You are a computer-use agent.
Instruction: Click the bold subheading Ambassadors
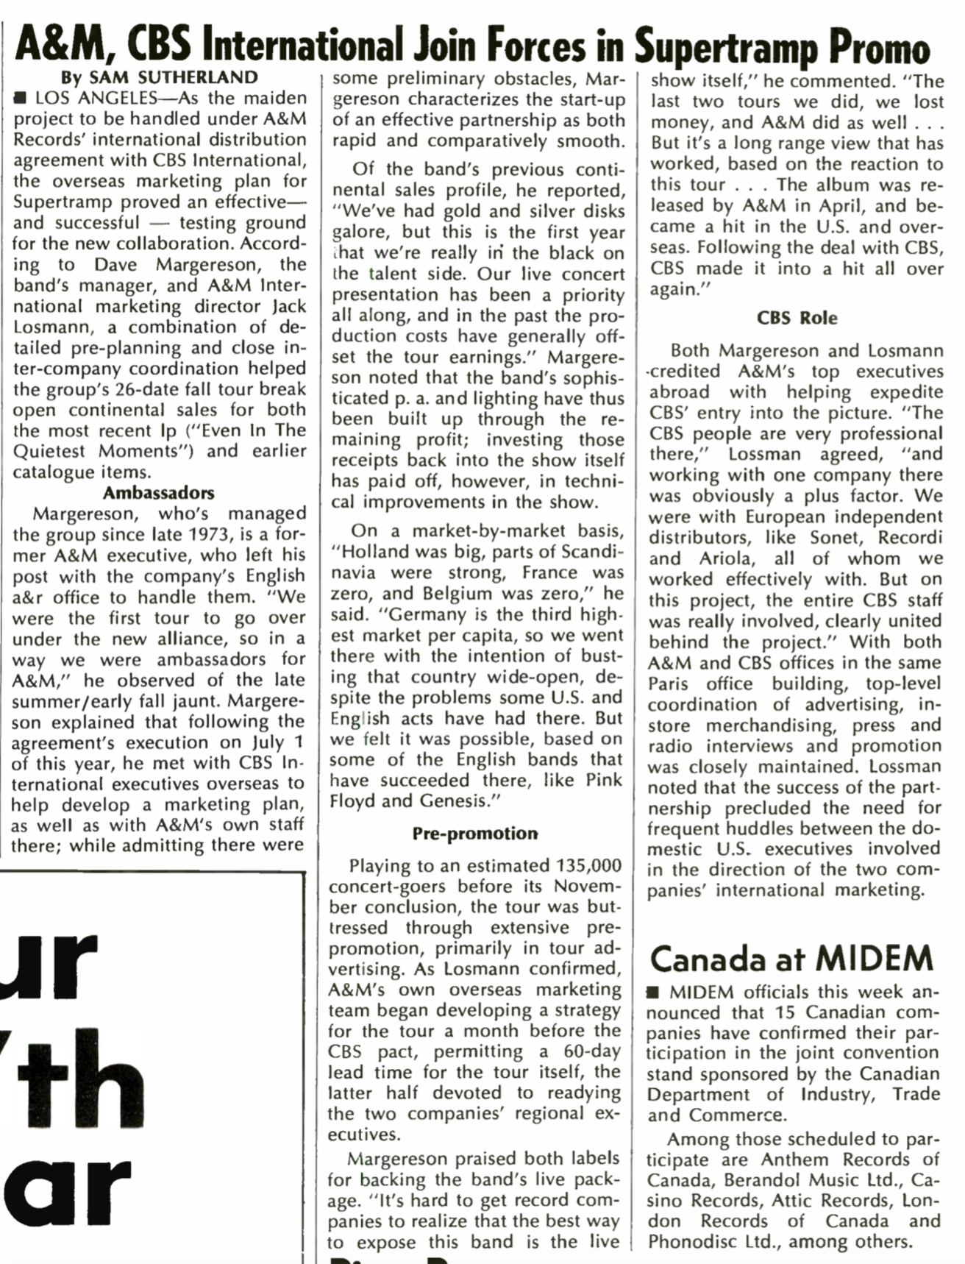tap(158, 492)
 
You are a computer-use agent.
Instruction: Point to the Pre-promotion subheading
tap(475, 833)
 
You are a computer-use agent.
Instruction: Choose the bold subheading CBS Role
tap(797, 318)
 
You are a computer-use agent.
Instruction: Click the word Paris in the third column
tap(672, 684)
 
